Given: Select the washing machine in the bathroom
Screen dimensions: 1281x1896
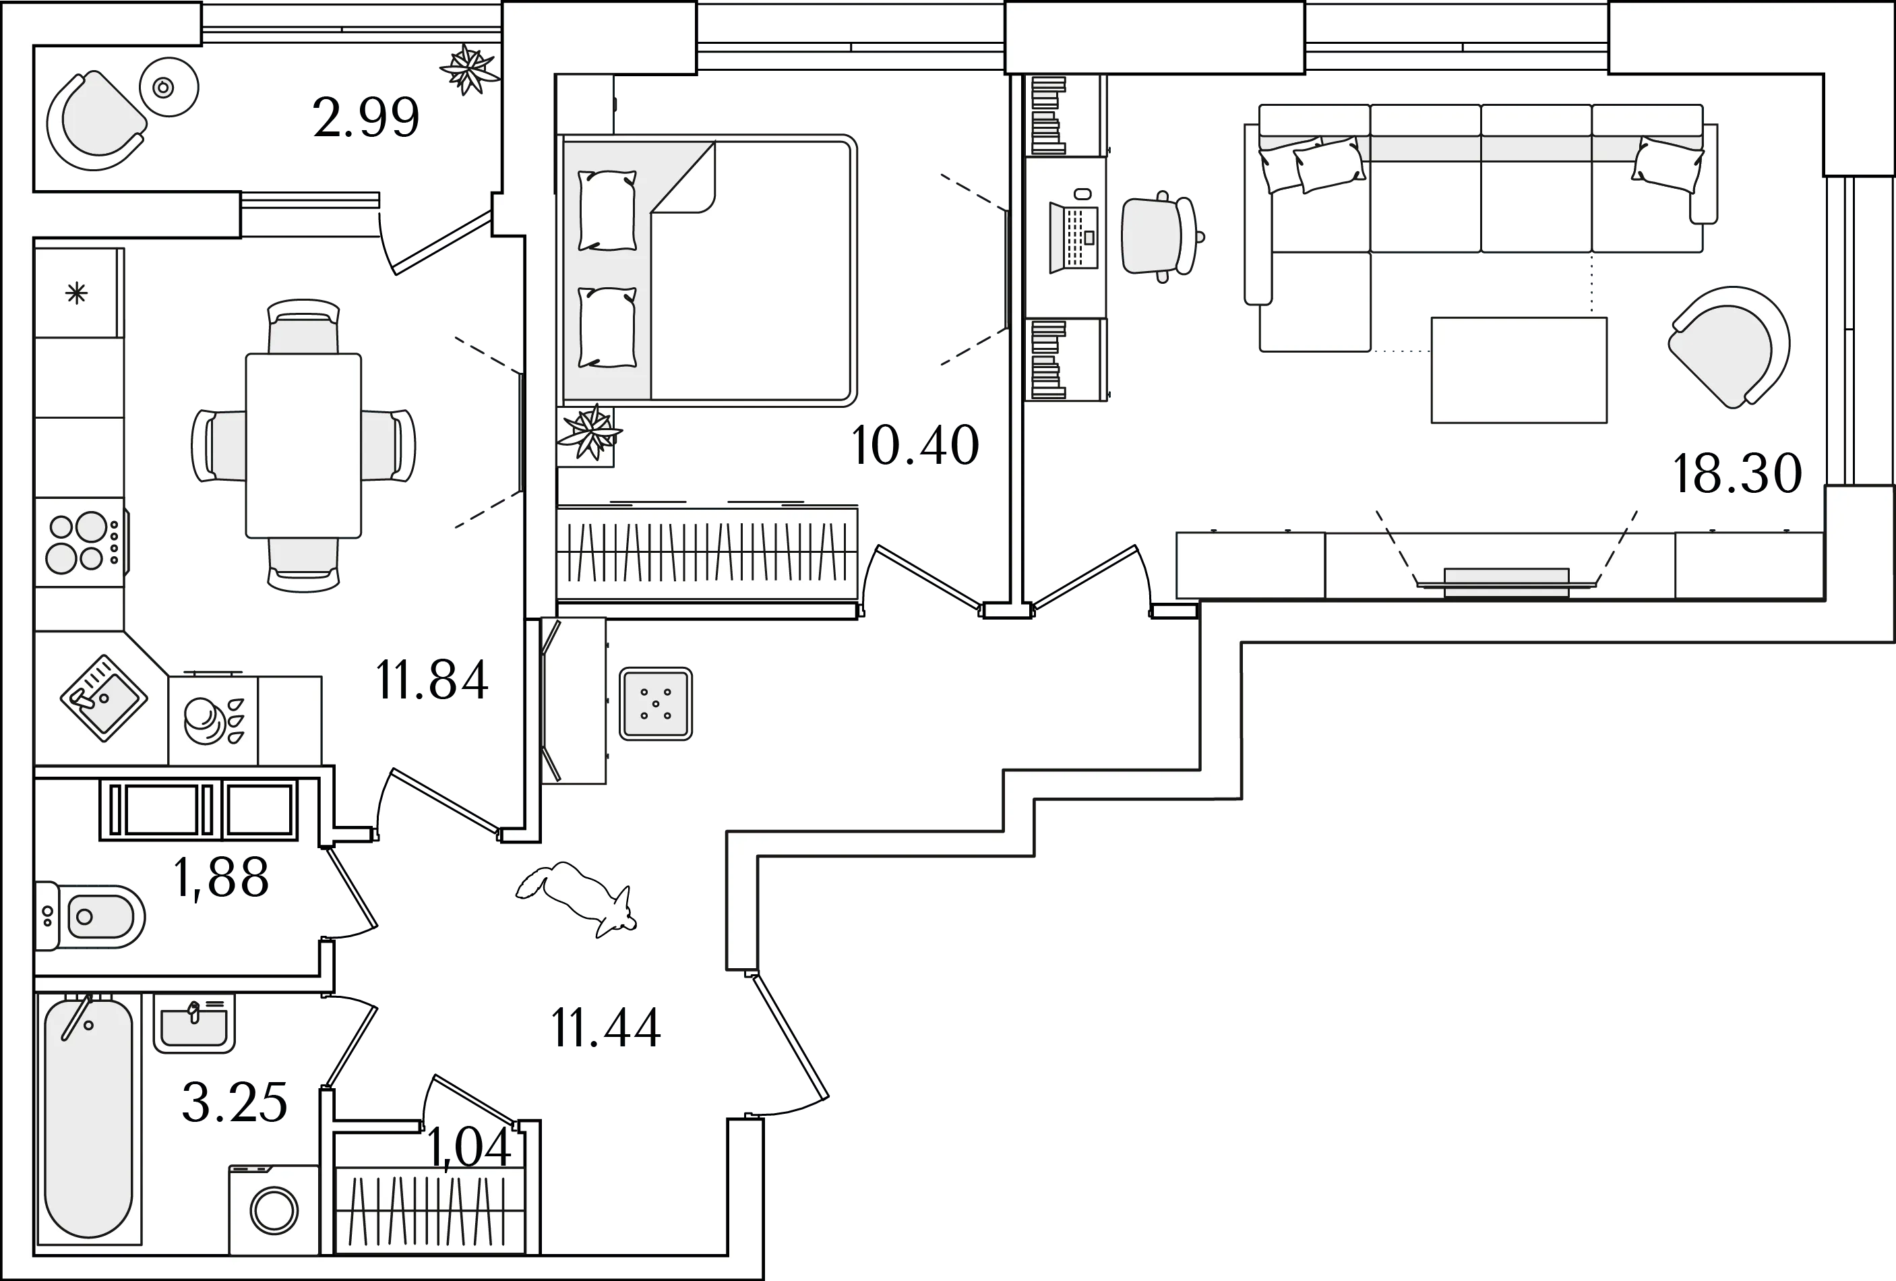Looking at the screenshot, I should tap(273, 1210).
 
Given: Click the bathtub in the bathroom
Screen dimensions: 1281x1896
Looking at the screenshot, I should tap(88, 1119).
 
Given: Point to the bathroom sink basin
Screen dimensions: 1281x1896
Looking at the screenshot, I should tap(194, 1024).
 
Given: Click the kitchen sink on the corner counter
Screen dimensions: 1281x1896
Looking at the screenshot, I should tap(104, 698).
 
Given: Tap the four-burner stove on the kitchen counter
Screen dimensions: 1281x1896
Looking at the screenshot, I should tap(79, 543).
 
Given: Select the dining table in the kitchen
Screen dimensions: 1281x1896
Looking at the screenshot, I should tap(303, 446).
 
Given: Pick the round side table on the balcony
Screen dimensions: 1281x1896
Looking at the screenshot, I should tap(170, 87).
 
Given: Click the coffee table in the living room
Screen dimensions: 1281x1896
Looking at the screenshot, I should tap(1519, 369).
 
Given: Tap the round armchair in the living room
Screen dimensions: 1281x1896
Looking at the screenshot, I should tap(1729, 345).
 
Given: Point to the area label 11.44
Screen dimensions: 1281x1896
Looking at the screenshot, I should tap(606, 1025).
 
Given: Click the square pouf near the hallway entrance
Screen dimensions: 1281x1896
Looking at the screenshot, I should tap(655, 703).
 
